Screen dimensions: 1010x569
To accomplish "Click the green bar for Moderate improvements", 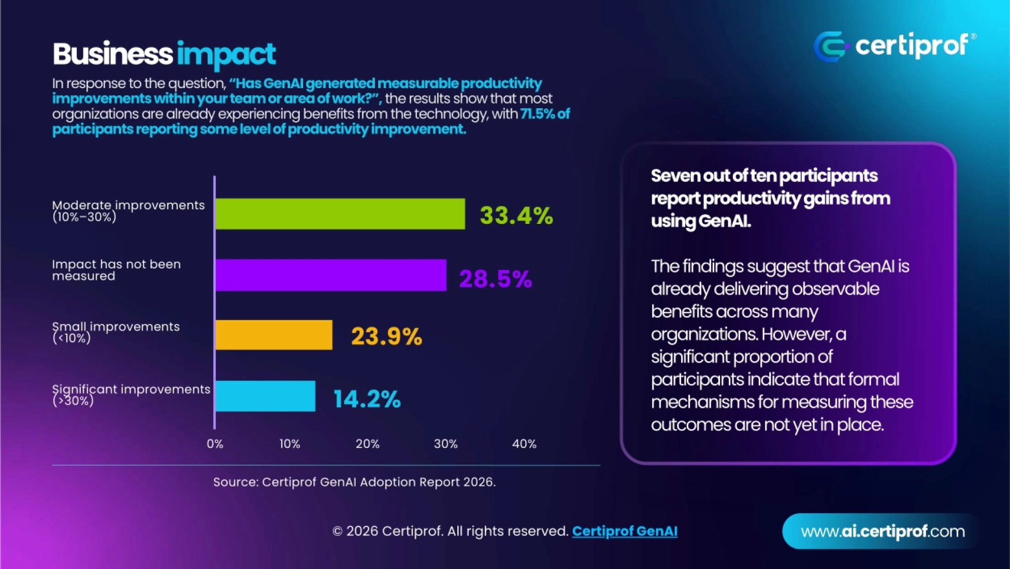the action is [x=340, y=214].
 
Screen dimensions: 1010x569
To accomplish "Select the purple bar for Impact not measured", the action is [x=331, y=275].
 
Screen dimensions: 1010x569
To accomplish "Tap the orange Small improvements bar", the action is [x=274, y=335].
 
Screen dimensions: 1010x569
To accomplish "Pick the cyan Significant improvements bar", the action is [x=265, y=396].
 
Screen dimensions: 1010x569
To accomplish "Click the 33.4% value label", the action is [x=516, y=215].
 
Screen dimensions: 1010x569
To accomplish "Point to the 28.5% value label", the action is [x=495, y=278].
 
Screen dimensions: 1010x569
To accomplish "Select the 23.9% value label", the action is [x=386, y=336].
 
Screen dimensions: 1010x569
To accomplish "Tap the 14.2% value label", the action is [x=367, y=399].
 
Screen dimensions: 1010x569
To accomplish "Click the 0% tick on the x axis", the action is [x=215, y=444].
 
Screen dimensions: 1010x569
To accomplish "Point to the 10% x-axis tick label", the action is [x=290, y=444].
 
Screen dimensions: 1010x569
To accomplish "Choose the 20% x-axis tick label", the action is [x=367, y=444].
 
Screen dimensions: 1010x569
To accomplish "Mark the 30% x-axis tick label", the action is [x=445, y=444].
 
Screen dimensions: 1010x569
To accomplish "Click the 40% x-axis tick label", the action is [x=524, y=444].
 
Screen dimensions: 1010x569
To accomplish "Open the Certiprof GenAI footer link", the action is [x=625, y=531].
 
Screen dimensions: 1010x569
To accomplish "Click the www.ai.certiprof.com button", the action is [x=882, y=531].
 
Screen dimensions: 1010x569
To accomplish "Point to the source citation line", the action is [x=354, y=482].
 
